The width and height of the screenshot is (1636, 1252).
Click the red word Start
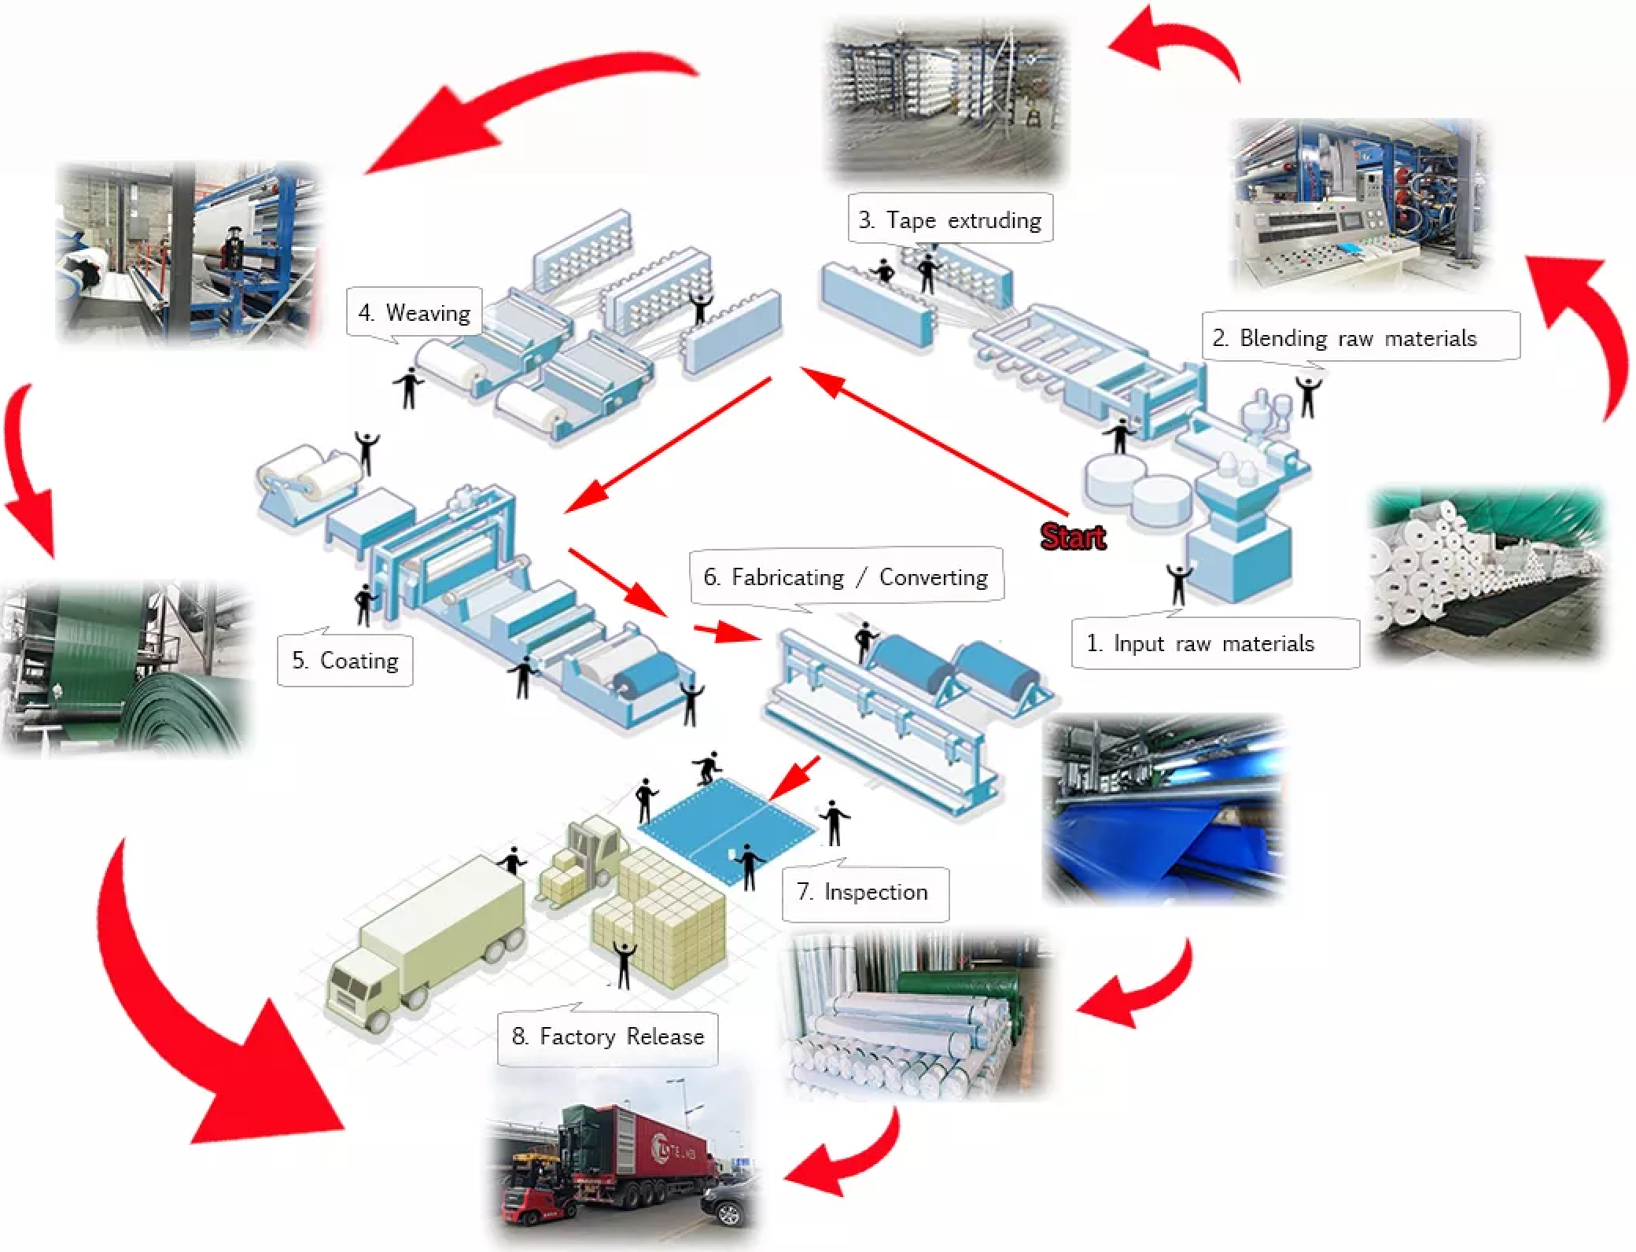(x=1073, y=536)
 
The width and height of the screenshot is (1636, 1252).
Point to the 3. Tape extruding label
(x=951, y=219)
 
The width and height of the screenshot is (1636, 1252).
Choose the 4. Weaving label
(x=414, y=313)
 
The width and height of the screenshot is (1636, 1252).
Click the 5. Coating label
(x=345, y=661)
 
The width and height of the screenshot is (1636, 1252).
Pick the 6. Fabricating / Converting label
(x=846, y=577)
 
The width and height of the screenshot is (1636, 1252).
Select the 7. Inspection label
(x=863, y=892)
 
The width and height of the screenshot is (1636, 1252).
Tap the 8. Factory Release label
(x=607, y=1037)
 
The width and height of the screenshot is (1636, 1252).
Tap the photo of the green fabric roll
(x=126, y=668)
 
